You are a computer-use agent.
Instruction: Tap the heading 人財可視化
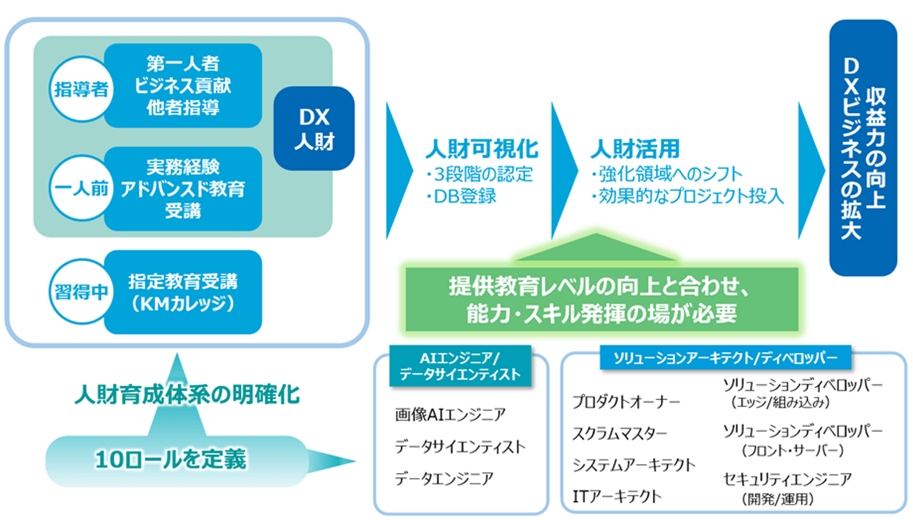click(x=482, y=149)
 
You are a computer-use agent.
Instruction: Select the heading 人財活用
click(x=635, y=149)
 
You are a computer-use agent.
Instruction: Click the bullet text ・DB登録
click(x=460, y=196)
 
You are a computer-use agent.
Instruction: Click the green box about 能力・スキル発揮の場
click(x=601, y=298)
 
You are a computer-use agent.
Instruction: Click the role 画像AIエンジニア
click(x=449, y=414)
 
